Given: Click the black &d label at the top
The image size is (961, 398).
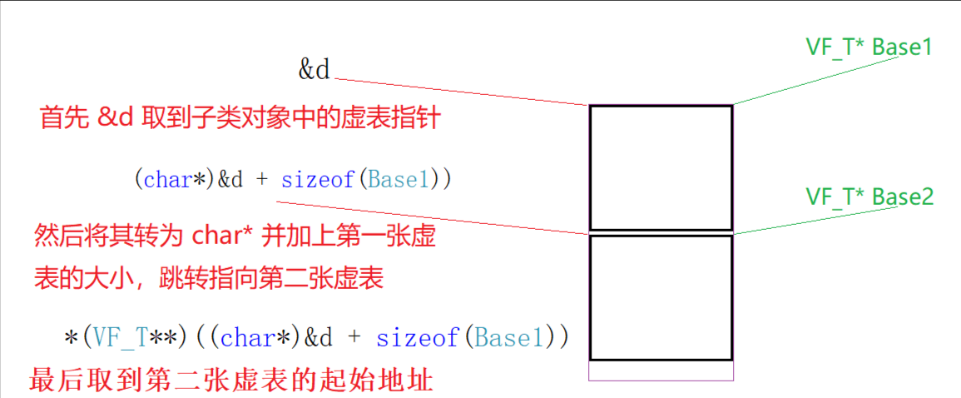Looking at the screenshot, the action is (x=315, y=70).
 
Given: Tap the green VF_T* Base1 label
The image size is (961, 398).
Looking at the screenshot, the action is (x=869, y=47).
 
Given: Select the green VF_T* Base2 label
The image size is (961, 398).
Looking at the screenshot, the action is (x=869, y=197).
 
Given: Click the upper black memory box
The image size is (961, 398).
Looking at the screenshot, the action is (x=661, y=167).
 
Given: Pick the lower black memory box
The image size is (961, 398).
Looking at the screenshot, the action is (x=661, y=296).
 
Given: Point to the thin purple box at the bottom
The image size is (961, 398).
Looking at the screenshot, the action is (x=661, y=370).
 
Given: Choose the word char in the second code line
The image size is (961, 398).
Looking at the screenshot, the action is (x=168, y=179).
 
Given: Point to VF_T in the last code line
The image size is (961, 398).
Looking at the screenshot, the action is (x=120, y=337).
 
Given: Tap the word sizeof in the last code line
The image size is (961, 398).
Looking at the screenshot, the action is (x=417, y=337).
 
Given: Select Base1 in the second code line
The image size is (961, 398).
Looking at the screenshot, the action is (x=399, y=179).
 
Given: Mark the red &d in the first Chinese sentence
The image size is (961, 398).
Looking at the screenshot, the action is (x=115, y=119).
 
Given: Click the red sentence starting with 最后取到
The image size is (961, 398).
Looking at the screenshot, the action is (x=230, y=381).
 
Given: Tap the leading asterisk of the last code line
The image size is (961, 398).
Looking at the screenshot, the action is (x=70, y=339).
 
